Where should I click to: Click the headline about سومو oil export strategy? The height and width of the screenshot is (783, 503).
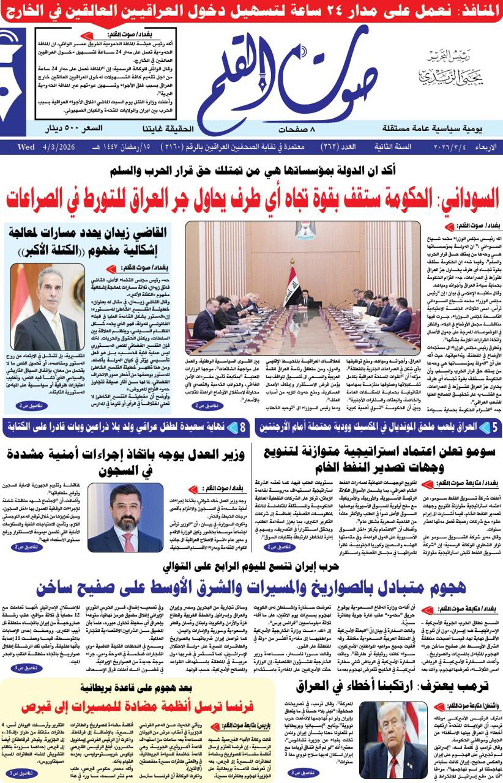(x=384, y=461)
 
